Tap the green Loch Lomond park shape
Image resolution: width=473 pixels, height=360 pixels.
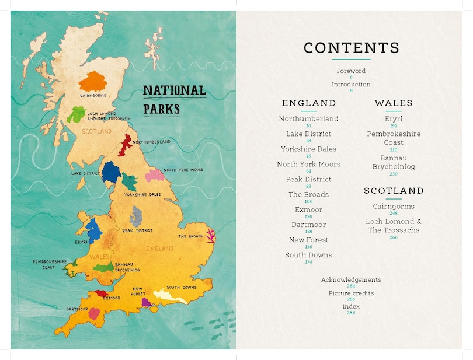(x=76, y=113)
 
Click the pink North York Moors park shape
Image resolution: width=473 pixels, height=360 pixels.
(x=154, y=174)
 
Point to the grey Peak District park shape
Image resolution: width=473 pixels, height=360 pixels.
(x=136, y=216)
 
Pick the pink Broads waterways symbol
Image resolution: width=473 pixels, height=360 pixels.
(x=209, y=236)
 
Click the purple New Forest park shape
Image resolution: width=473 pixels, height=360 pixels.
(x=147, y=302)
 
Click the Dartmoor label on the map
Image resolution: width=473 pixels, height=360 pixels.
(x=76, y=309)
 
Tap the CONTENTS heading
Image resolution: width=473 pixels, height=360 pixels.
(x=352, y=48)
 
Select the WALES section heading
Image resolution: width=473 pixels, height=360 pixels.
(x=394, y=103)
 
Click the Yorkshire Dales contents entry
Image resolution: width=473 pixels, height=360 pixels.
(x=308, y=149)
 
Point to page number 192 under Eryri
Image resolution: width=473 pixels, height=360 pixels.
(x=394, y=125)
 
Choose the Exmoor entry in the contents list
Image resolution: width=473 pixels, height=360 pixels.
(x=308, y=210)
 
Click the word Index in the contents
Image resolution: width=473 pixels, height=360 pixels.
(x=351, y=306)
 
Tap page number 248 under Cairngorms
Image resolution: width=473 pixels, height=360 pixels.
(x=394, y=214)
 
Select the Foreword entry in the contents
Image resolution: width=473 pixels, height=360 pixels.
(x=351, y=71)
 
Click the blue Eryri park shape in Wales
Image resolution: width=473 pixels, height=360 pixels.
(x=93, y=230)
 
